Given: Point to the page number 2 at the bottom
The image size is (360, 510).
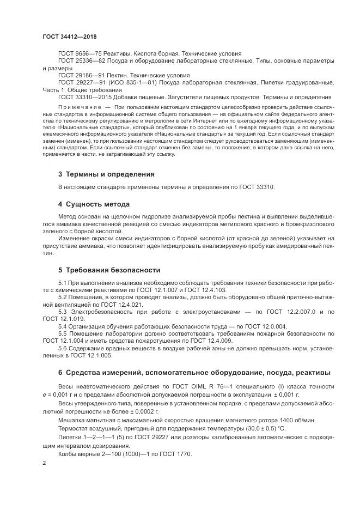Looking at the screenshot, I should pyautogui.click(x=44, y=463).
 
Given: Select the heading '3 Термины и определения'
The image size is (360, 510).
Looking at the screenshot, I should pyautogui.click(x=106, y=174).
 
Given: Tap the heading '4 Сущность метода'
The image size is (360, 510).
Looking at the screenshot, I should pyautogui.click(x=94, y=204).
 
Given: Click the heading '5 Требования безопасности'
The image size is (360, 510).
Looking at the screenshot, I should pyautogui.click(x=109, y=270).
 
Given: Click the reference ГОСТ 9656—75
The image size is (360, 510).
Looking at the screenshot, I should pyautogui.click(x=80, y=54).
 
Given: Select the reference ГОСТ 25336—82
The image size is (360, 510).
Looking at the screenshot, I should pyautogui.click(x=81, y=61).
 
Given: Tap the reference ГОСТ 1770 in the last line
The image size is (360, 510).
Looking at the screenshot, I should pyautogui.click(x=174, y=454).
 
